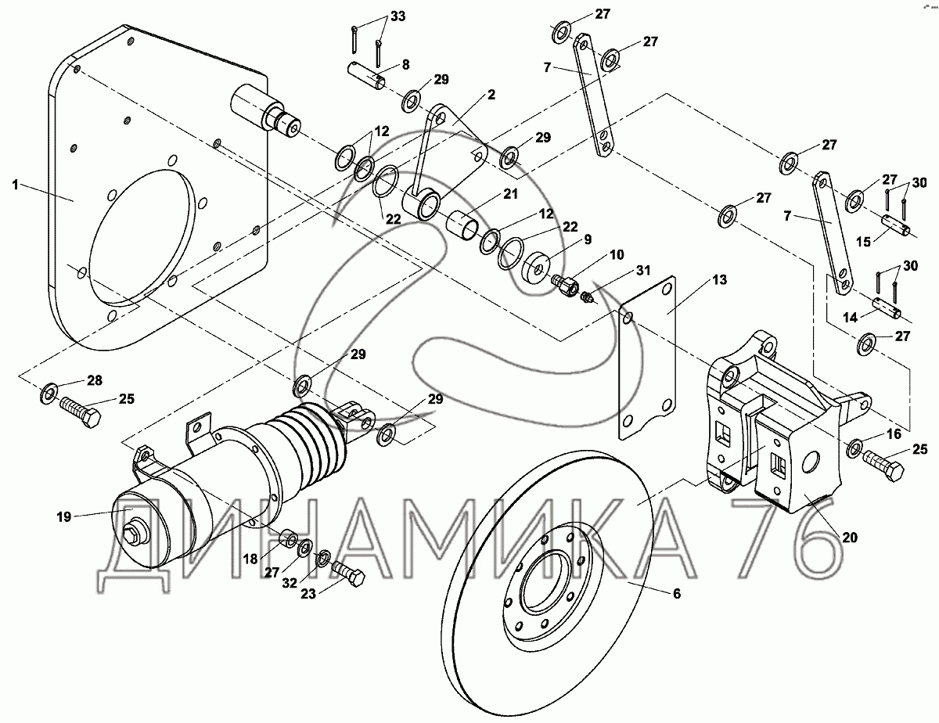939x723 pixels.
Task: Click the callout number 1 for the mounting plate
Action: [14, 185]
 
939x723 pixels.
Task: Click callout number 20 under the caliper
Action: [850, 538]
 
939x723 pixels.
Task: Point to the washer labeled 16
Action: [855, 448]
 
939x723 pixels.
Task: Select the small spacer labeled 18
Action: [289, 538]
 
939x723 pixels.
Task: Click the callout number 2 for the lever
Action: [491, 95]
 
